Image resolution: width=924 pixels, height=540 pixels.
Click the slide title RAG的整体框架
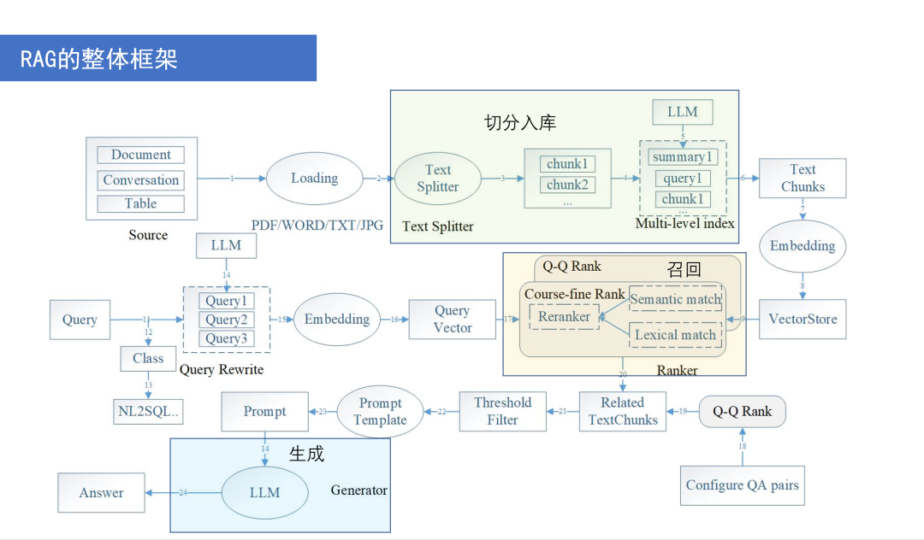pyautogui.click(x=100, y=59)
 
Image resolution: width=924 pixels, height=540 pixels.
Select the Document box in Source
pyautogui.click(x=140, y=155)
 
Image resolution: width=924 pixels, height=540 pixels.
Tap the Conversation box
pyautogui.click(x=140, y=180)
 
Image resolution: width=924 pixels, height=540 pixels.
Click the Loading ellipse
pyautogui.click(x=314, y=179)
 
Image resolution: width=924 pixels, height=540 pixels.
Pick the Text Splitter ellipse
pyautogui.click(x=437, y=179)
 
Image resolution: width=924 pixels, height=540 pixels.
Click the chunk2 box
pyautogui.click(x=566, y=185)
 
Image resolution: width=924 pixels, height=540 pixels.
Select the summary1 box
pyautogui.click(x=682, y=157)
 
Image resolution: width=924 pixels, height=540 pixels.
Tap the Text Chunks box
pyautogui.click(x=803, y=178)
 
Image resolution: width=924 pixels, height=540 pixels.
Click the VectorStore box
pyautogui.click(x=802, y=320)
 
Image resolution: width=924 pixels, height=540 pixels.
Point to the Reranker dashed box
pyautogui.click(x=565, y=317)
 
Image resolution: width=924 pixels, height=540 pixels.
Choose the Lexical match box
pyautogui.click(x=675, y=335)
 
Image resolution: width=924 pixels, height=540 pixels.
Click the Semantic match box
pyautogui.click(x=675, y=299)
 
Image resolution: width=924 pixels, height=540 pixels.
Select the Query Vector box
pyautogui.click(x=452, y=320)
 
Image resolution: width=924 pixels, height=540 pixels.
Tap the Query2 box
pyautogui.click(x=226, y=320)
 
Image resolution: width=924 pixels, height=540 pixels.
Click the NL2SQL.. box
pyautogui.click(x=149, y=411)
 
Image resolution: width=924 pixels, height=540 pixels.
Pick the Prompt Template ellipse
pyautogui.click(x=380, y=412)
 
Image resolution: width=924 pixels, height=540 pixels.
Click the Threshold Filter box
pyautogui.click(x=502, y=411)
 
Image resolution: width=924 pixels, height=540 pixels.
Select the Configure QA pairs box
pyautogui.click(x=742, y=485)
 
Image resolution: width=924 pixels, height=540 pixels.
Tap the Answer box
pyautogui.click(x=101, y=493)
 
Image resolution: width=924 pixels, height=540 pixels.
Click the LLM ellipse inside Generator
pyautogui.click(x=264, y=493)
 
